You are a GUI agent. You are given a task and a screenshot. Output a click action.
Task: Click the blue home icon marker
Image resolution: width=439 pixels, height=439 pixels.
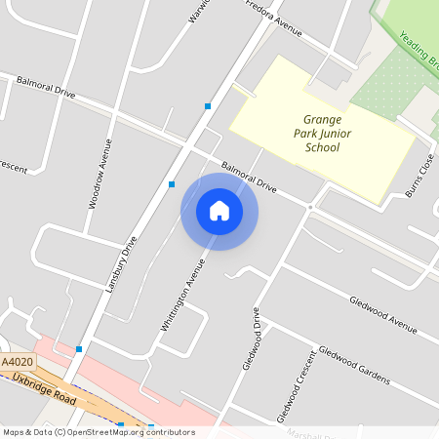[x=219, y=211]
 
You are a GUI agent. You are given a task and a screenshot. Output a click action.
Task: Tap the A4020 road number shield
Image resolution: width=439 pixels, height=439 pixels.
[x=18, y=362]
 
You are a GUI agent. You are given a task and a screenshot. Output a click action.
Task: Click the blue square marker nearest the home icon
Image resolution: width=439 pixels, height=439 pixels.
[x=172, y=183]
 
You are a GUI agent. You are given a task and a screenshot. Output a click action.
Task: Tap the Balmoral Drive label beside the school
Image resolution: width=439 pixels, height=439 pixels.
[x=249, y=177]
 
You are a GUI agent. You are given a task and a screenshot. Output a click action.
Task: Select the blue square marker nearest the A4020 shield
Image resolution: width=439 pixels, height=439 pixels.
[x=79, y=348]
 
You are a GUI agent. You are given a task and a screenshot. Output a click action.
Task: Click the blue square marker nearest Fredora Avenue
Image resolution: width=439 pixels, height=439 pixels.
[x=208, y=105]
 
